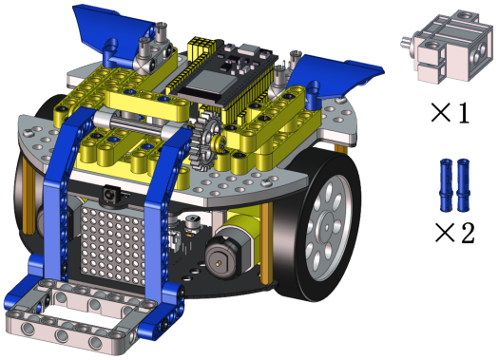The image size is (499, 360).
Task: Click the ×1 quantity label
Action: [450, 112]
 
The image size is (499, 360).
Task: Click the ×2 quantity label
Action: [454, 233]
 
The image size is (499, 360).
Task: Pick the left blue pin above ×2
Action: [446, 185]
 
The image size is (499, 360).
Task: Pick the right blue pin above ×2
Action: [463, 185]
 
